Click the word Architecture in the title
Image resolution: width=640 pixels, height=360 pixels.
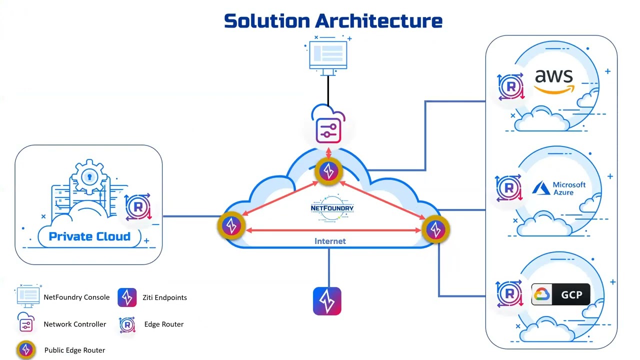click(378, 21)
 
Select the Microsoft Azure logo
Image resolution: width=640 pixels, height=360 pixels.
click(559, 188)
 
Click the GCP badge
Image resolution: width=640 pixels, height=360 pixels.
click(560, 294)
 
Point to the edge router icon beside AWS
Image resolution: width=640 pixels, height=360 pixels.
click(510, 86)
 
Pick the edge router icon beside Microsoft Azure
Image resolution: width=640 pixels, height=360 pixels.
click(509, 188)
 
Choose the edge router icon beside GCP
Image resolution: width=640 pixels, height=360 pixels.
click(509, 293)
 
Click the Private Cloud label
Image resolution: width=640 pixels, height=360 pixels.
click(89, 236)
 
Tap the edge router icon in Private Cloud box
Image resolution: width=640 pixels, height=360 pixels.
click(138, 207)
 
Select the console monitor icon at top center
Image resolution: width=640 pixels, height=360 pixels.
click(328, 54)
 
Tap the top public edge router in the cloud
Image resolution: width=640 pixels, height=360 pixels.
click(328, 171)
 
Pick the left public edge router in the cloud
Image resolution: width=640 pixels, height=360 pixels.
click(231, 226)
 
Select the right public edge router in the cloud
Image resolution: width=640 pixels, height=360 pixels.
click(436, 229)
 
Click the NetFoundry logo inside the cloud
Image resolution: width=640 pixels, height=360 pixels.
click(332, 208)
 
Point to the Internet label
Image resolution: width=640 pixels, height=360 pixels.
click(330, 241)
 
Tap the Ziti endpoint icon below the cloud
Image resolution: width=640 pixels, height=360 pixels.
click(327, 301)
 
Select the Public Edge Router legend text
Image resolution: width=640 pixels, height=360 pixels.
click(74, 350)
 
